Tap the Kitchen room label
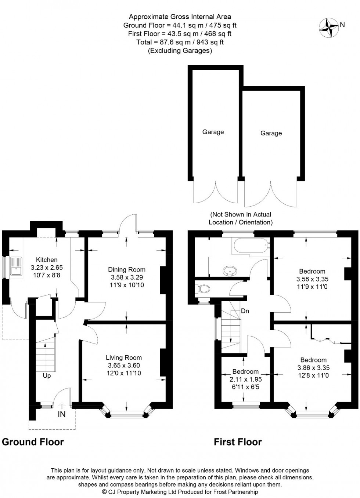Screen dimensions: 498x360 [x=46, y=260]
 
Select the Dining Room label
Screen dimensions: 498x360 [x=127, y=270]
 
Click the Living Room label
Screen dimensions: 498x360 [x=123, y=357]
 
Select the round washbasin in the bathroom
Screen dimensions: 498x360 [x=231, y=271]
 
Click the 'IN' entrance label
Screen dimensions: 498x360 [x=62, y=414]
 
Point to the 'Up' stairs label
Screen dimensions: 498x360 [x=47, y=376]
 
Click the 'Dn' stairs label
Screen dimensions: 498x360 [x=245, y=311]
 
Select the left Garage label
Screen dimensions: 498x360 [x=213, y=132]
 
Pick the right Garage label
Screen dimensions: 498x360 [x=271, y=133]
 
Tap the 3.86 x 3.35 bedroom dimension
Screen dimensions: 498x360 [x=313, y=367]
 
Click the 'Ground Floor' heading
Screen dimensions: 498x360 [x=33, y=442]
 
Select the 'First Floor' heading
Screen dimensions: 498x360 [x=238, y=442]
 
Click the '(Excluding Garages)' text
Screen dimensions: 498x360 [x=180, y=51]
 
